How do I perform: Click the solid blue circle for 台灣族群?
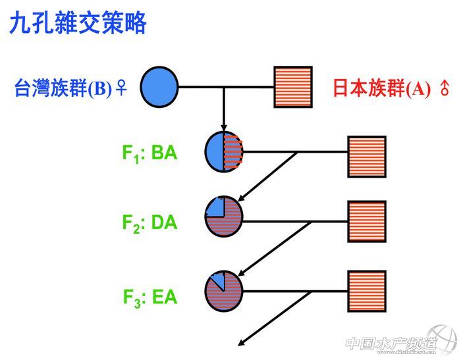[159, 86]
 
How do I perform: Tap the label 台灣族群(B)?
[63, 88]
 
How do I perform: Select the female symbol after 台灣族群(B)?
[121, 88]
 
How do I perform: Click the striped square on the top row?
[293, 86]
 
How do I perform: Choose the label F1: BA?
[149, 153]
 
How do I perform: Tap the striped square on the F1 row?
[366, 156]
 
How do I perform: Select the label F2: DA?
[149, 222]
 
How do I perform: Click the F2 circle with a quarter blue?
[224, 217]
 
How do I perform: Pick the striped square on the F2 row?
[366, 220]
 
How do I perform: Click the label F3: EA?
[149, 296]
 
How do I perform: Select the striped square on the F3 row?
[366, 290]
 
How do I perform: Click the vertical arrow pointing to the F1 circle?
[224, 109]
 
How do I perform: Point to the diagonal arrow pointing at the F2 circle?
[267, 176]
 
